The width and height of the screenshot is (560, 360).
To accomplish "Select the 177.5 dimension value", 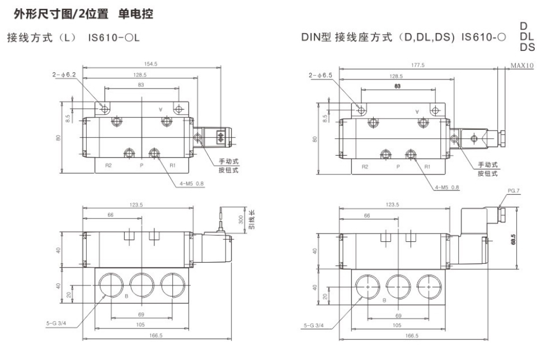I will pos(417,65).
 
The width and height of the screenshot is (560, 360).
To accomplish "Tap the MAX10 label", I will pos(522,66).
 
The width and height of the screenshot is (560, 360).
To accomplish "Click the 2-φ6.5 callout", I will pos(319,74).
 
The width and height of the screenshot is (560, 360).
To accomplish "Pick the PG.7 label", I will pos(514,190).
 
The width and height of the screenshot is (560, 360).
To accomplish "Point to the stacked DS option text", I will pos(527,48).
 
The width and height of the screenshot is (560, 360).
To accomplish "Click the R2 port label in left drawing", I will pos(108,166).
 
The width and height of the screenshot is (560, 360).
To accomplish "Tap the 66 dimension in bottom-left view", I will pos(110,215).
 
